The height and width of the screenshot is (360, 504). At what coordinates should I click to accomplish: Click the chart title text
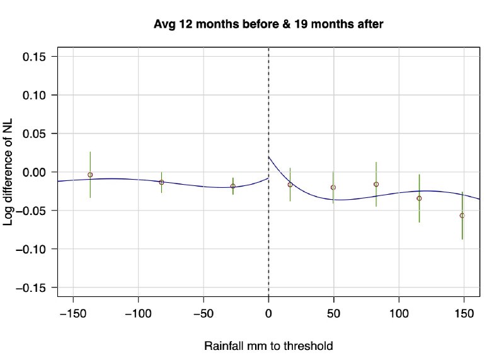269,25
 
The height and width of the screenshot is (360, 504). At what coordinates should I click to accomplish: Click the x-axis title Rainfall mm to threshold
268,346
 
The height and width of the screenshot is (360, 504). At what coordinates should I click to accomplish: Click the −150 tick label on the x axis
73,313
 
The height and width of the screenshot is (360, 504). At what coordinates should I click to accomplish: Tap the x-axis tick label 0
269,313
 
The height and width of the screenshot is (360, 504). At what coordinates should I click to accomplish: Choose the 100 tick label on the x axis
399,313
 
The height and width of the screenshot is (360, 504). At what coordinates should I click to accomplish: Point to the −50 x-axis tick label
203,313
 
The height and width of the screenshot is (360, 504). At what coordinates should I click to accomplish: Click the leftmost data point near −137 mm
90,175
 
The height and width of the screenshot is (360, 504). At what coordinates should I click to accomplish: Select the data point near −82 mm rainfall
162,182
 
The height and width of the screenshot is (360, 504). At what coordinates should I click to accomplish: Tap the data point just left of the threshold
233,186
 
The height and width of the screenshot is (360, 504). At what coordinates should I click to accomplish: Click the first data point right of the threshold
290,185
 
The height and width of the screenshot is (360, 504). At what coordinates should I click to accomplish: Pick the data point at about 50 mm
333,187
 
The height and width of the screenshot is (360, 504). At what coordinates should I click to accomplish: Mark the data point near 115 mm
420,198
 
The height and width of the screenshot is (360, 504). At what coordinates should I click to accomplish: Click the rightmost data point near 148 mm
462,216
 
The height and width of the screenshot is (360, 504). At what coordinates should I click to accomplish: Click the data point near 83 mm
376,184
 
